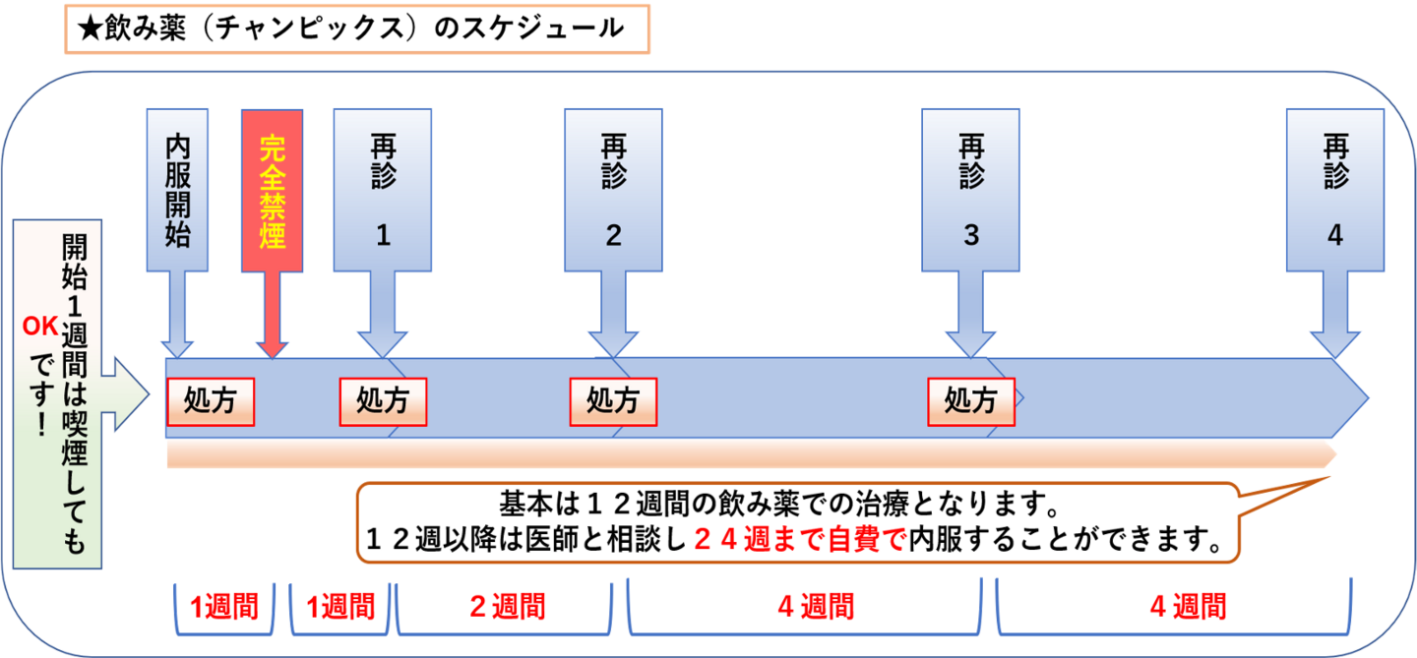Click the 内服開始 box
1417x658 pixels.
pyautogui.click(x=177, y=190)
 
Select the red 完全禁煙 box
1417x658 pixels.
pyautogui.click(x=272, y=190)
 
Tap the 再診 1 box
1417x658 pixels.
pyautogui.click(x=382, y=190)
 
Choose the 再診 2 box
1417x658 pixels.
pyautogui.click(x=613, y=190)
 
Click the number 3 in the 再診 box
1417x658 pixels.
pyautogui.click(x=971, y=236)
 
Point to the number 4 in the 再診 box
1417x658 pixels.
pyautogui.click(x=1334, y=236)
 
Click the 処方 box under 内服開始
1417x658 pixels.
pyautogui.click(x=210, y=401)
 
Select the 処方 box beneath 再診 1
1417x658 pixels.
pyautogui.click(x=383, y=401)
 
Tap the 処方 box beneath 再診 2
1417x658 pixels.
pyautogui.click(x=613, y=401)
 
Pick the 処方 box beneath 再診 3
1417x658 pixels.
pyautogui.click(x=971, y=401)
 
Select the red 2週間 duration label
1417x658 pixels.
pyautogui.click(x=507, y=607)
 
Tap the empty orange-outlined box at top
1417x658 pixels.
pyautogui.click(x=357, y=29)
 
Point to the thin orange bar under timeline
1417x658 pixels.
pyautogui.click(x=748, y=454)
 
